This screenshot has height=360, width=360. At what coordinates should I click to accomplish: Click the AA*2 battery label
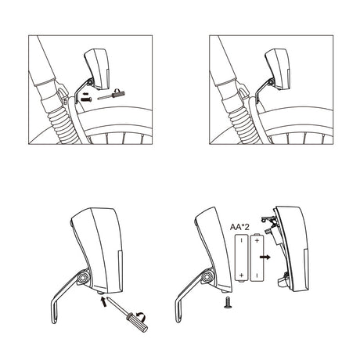pos(239,227)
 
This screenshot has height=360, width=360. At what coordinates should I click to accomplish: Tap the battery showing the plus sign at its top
pos(257,257)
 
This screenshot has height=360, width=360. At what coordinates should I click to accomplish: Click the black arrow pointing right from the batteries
pos(265,257)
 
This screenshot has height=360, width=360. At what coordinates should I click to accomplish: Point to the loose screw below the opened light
pos(228,302)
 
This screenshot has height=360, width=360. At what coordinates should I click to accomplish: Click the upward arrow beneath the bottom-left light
pos(103,301)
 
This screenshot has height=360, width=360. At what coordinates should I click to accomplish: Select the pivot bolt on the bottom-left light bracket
pos(84,277)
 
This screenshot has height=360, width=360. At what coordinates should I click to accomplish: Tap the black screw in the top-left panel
pos(86,99)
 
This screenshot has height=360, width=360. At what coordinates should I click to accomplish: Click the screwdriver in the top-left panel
pos(111,95)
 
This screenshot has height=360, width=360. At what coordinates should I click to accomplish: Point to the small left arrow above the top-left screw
pos(86,93)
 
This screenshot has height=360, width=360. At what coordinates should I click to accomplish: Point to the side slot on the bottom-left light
pos(121,271)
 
